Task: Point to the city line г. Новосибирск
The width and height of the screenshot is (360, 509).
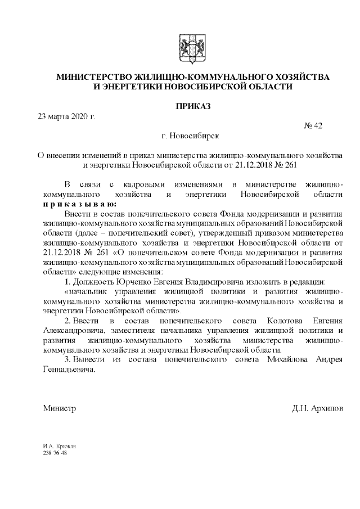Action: click(x=190, y=136)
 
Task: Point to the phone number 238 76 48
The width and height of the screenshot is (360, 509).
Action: click(x=55, y=453)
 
